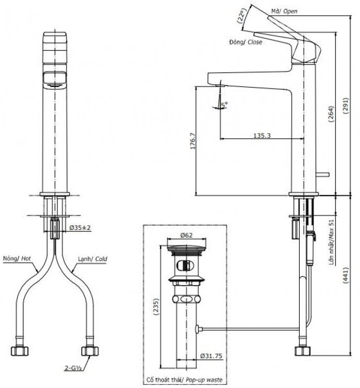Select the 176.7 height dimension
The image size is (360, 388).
192,141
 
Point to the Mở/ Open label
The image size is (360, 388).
284,11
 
